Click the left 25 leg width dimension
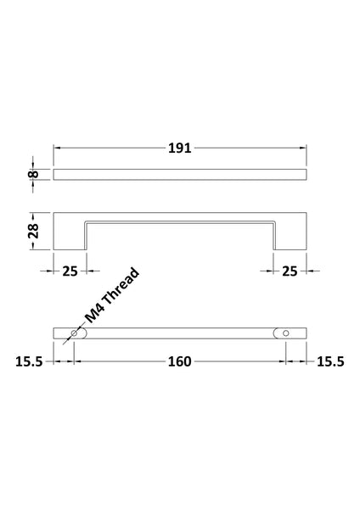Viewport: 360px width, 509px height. [x=70, y=271]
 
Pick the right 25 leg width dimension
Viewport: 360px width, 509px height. [x=289, y=271]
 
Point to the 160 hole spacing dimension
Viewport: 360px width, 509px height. [x=179, y=361]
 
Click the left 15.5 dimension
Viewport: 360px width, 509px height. [x=28, y=361]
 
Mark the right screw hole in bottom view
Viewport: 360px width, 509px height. [x=284, y=334]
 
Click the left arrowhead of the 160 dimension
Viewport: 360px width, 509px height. [x=79, y=361]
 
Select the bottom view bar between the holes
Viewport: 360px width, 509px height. [x=179, y=334]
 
